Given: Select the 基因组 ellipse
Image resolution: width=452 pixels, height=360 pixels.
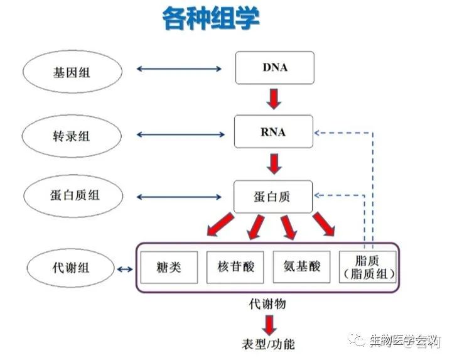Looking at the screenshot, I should click(x=63, y=71).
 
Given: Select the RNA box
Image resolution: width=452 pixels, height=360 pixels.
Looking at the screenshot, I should click(x=273, y=132).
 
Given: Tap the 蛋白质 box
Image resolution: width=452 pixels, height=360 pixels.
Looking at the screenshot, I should click(x=273, y=197).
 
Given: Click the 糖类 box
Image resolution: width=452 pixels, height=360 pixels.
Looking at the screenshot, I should click(x=169, y=267).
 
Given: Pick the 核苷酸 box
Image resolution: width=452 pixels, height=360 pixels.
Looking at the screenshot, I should click(x=237, y=267).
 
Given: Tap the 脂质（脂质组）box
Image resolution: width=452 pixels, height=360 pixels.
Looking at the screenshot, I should click(x=367, y=267).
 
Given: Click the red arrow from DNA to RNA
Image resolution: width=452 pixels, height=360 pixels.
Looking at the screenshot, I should click(x=274, y=99).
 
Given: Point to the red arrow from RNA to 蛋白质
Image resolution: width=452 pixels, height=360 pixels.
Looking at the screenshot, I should click(x=274, y=163).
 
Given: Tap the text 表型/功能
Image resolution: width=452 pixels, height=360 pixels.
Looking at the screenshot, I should click(x=268, y=344).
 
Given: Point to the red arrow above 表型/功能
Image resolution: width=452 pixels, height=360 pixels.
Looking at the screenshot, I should click(x=269, y=324).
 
